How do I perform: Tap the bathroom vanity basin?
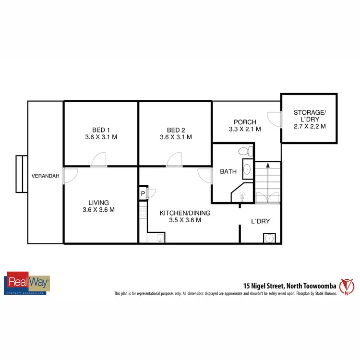[247, 169]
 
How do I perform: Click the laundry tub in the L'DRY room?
[269, 238]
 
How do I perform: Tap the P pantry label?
[143, 194]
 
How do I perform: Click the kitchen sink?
[160, 238]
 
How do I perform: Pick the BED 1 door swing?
[98, 160]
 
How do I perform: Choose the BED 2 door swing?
[173, 160]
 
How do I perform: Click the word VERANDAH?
[46, 176]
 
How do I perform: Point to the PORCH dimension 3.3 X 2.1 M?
[245, 129]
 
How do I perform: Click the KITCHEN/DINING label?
[185, 213]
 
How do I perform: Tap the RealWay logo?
[27, 283]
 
